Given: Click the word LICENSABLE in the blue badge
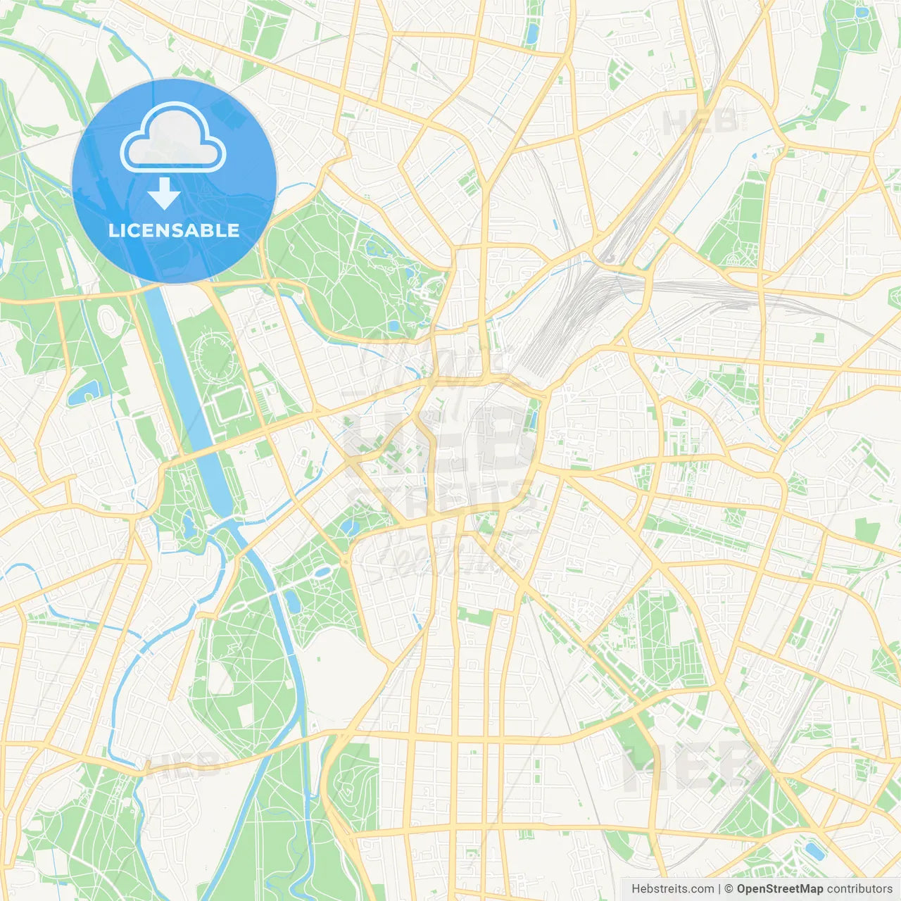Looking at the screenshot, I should pyautogui.click(x=174, y=230).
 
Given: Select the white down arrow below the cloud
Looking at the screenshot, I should pyautogui.click(x=165, y=193).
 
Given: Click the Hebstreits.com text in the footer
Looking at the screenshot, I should pyautogui.click(x=672, y=889).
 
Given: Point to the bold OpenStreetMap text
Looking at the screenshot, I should pyautogui.click(x=779, y=889).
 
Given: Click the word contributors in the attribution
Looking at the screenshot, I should pyautogui.click(x=859, y=889).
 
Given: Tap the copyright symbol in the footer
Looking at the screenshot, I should pyautogui.click(x=729, y=889).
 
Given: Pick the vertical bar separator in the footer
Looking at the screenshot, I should pyautogui.click(x=719, y=889).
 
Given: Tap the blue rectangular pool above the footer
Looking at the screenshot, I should pyautogui.click(x=814, y=851).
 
